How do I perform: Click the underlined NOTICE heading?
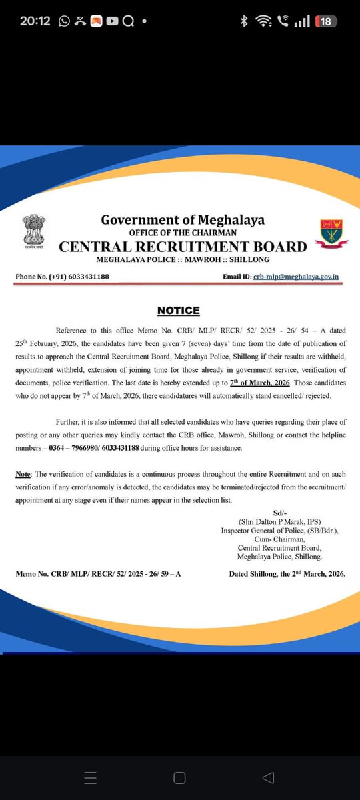(x=178, y=311)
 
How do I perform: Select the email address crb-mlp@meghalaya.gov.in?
(x=295, y=276)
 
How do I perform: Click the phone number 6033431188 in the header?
(x=87, y=276)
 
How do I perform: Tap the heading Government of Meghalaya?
(x=183, y=220)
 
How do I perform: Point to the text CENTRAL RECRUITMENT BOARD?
(x=183, y=246)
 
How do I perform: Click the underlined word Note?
(x=24, y=473)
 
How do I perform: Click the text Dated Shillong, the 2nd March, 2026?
(x=287, y=573)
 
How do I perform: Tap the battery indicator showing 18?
(x=325, y=21)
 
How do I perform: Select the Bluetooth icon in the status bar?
(x=244, y=21)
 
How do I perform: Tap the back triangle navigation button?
(x=268, y=777)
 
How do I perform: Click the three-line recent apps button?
(x=91, y=777)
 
